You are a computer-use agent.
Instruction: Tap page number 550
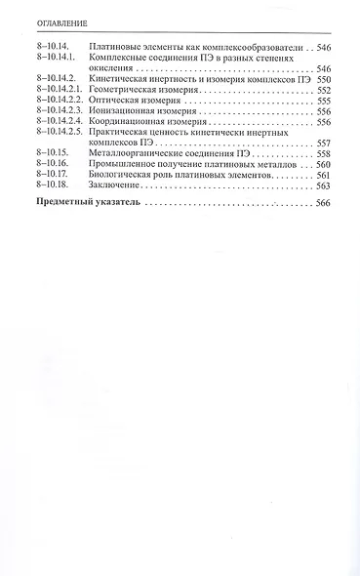[x=325, y=79]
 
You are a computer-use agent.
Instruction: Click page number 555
[x=325, y=101]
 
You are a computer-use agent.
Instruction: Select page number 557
[x=325, y=144]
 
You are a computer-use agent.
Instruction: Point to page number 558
[x=325, y=154]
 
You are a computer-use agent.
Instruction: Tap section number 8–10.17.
[x=48, y=176]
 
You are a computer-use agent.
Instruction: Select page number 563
[x=325, y=186]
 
